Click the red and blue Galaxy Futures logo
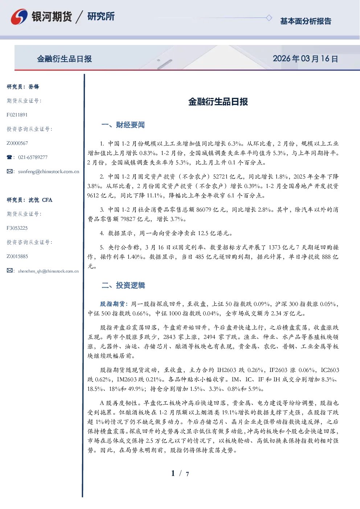tap(19, 17)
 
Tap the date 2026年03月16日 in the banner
tap(305, 59)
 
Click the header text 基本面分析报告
tap(306, 21)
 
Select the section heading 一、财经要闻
tap(123, 125)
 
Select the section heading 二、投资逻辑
tap(123, 285)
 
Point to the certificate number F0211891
tap(17, 115)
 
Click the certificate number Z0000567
tap(17, 143)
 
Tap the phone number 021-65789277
tap(33, 157)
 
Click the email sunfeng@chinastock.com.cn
tap(49, 172)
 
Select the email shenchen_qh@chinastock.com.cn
tap(48, 271)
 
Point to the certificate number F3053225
tap(17, 228)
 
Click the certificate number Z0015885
tap(17, 256)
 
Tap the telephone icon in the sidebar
tap(9, 157)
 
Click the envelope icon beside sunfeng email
tap(9, 171)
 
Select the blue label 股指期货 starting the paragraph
tap(112, 304)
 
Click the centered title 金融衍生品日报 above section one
tap(218, 102)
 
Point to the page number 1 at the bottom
tap(173, 473)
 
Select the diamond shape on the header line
tap(269, 18)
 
